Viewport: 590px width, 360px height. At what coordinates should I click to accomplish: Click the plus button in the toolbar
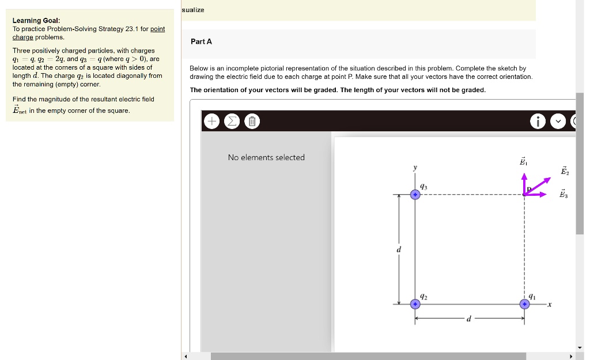click(212, 122)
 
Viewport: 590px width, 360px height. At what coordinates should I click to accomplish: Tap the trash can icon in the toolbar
click(252, 122)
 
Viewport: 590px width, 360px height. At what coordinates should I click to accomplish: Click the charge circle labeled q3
click(415, 195)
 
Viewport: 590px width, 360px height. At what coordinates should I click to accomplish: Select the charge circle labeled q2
click(415, 304)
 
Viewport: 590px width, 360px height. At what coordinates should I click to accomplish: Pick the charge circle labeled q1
click(524, 304)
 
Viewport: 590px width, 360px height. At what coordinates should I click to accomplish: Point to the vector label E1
click(523, 162)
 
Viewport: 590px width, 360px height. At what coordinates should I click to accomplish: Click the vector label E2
click(565, 170)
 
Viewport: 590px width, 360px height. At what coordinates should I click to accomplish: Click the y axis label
click(414, 168)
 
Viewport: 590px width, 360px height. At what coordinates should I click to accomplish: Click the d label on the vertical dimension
click(398, 249)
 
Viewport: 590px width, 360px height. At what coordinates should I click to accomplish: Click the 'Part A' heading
click(202, 41)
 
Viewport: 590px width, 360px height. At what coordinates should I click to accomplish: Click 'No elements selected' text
click(266, 157)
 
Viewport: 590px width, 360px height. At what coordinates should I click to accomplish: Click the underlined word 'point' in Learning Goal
click(157, 29)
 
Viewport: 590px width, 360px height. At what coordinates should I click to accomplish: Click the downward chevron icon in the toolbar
click(558, 122)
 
